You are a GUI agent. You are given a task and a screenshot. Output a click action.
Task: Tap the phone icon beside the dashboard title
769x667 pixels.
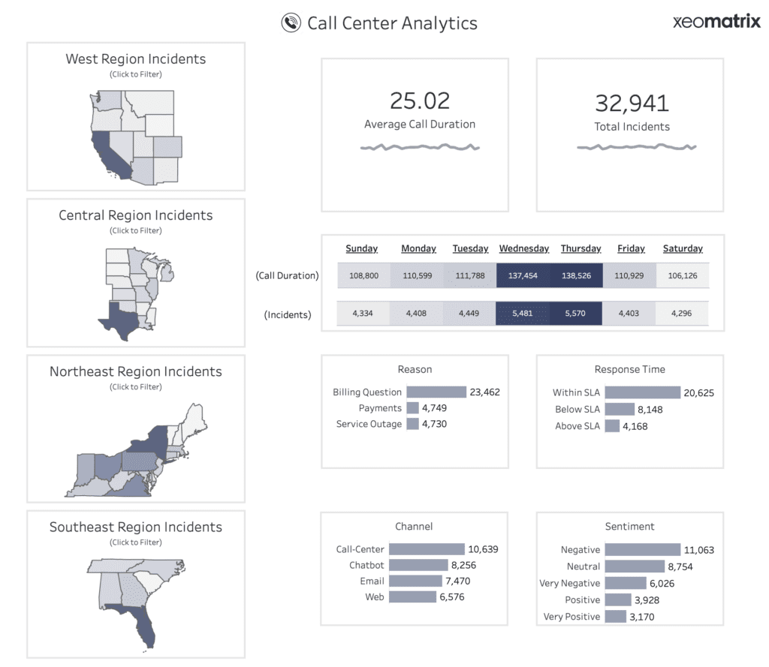click(291, 23)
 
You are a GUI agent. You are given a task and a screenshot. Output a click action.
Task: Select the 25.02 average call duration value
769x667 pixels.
click(419, 101)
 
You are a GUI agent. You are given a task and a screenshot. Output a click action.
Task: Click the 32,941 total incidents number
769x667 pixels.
click(632, 103)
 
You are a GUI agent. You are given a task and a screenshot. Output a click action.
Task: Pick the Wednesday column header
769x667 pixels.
click(523, 248)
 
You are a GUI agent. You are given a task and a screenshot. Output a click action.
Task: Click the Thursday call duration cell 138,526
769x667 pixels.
click(575, 275)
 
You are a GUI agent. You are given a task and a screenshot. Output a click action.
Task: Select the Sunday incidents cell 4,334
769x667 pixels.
click(363, 313)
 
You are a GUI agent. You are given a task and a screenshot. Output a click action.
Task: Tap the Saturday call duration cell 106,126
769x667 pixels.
click(682, 275)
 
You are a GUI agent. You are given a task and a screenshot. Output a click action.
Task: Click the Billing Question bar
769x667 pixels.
click(436, 392)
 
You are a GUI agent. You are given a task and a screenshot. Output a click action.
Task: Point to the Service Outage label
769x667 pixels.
click(369, 424)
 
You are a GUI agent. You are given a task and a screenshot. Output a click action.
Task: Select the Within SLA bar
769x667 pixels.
click(642, 392)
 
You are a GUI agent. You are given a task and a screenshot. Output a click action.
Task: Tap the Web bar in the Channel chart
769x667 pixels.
click(412, 596)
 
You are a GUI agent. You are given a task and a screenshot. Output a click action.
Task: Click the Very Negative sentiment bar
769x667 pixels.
click(625, 583)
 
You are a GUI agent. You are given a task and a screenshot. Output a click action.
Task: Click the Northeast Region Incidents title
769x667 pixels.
click(135, 371)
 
